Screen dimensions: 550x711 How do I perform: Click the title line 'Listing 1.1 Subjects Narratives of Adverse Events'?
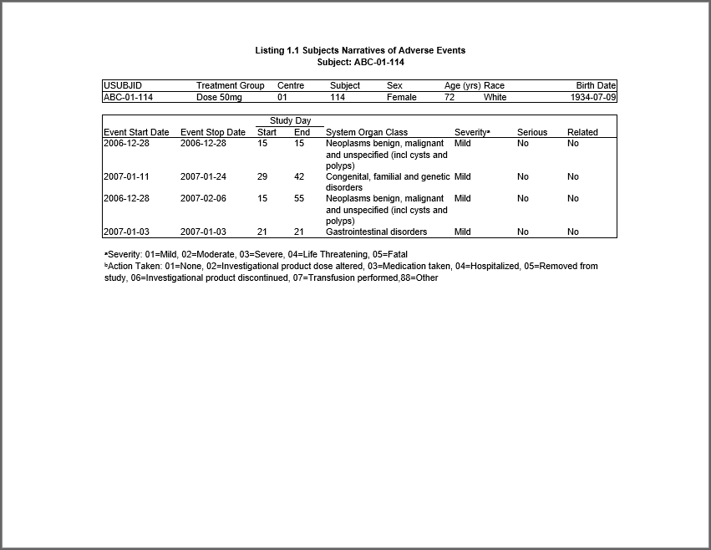[x=360, y=51]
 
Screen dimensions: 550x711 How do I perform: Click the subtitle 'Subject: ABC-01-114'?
[x=360, y=62]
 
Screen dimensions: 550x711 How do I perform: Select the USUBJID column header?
[x=123, y=85]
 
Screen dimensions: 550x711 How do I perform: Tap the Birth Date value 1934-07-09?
[x=596, y=97]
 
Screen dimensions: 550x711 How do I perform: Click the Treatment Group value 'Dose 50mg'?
[x=219, y=97]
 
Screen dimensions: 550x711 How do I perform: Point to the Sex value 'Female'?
[x=401, y=97]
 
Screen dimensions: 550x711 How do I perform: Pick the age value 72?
[x=449, y=97]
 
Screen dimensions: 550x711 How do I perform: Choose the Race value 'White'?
[x=495, y=97]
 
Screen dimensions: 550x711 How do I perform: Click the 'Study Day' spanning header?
[x=290, y=121]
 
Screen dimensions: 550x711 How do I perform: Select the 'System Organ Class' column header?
[x=367, y=132]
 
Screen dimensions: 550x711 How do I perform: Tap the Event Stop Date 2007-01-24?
[x=203, y=176]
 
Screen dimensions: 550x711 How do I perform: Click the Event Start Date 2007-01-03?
[x=126, y=232]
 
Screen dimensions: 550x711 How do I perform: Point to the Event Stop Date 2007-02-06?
[x=203, y=198]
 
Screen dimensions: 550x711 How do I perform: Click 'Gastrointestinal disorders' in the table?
[x=376, y=232]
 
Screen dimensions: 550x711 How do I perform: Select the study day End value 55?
[x=299, y=198]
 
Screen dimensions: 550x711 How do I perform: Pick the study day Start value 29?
[x=262, y=176]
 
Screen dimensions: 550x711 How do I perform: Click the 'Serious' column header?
[x=532, y=132]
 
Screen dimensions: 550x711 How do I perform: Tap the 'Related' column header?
[x=582, y=132]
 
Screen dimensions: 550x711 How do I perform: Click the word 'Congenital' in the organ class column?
[x=348, y=176]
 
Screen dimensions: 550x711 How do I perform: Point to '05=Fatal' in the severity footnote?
[x=390, y=254]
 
